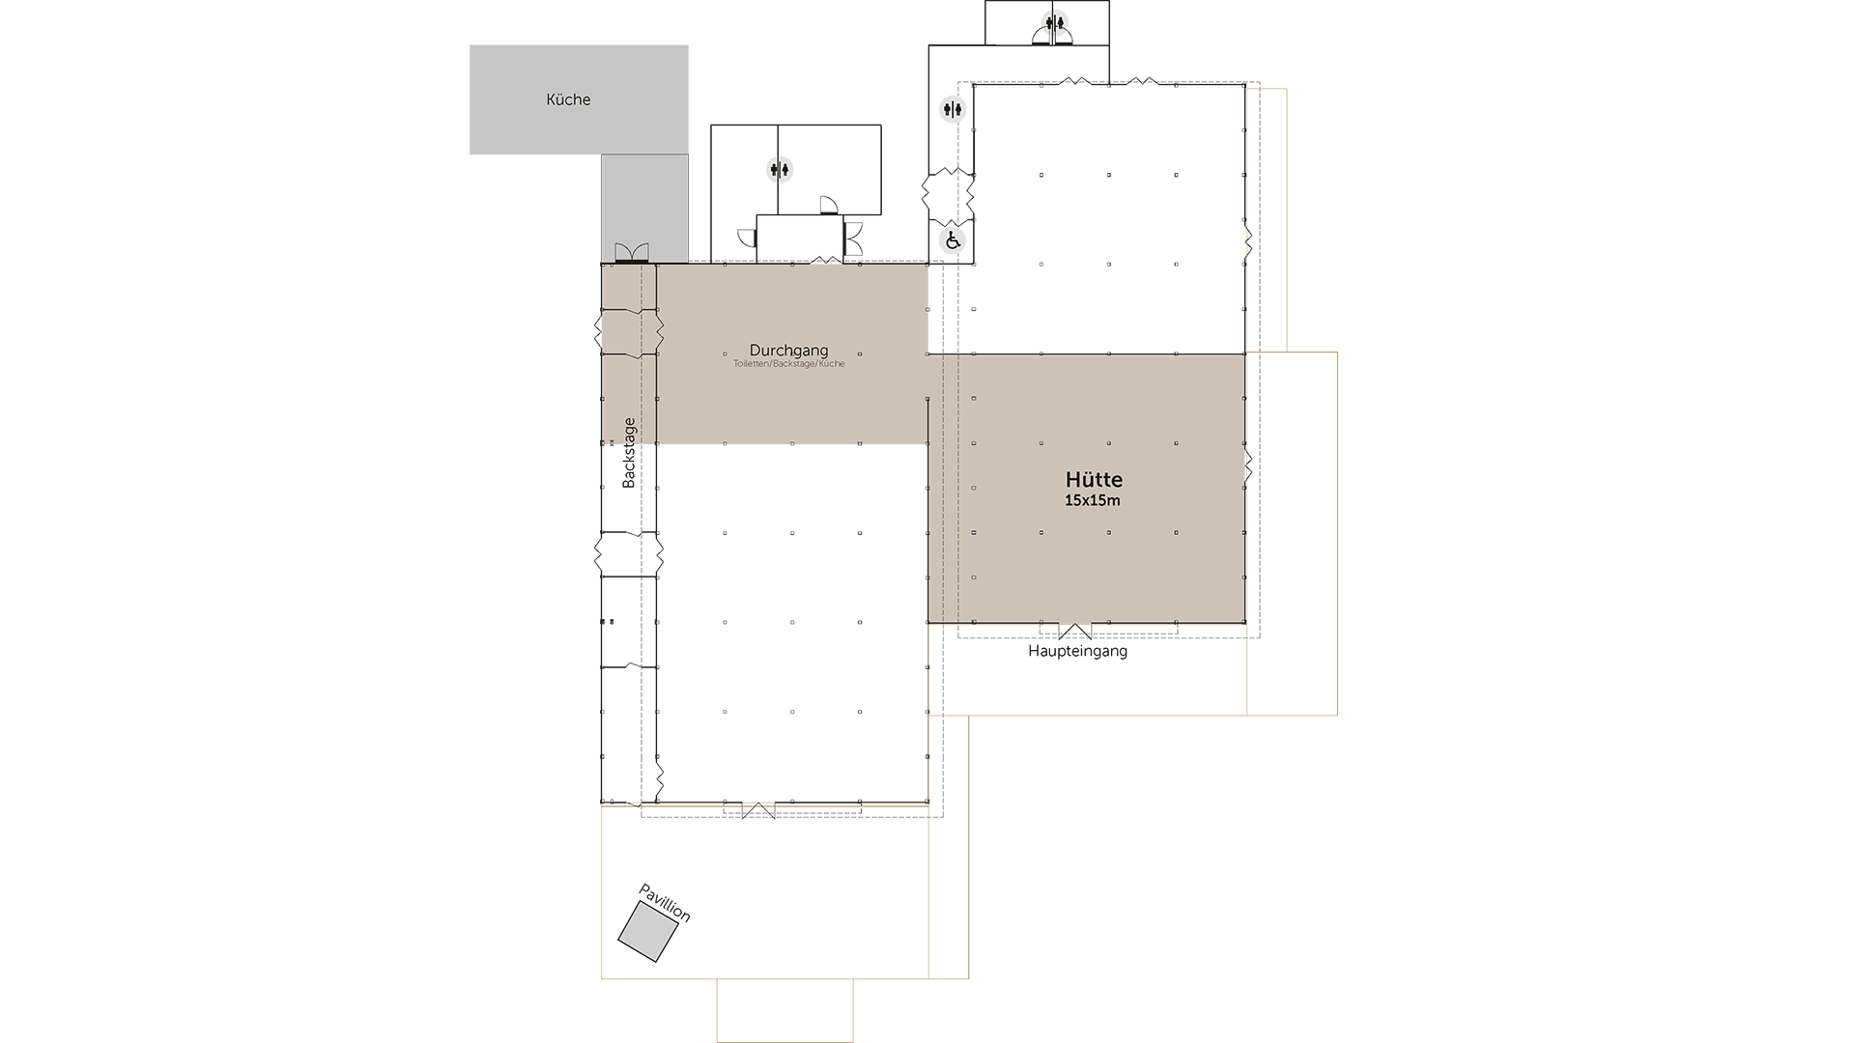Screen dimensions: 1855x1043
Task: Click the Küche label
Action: point(568,99)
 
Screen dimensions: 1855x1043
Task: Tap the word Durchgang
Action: point(788,351)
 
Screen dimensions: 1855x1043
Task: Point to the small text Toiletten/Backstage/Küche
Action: point(788,364)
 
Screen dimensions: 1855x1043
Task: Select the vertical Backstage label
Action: point(629,452)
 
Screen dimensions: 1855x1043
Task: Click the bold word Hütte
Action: point(1094,480)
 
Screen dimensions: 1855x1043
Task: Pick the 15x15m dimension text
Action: point(1093,501)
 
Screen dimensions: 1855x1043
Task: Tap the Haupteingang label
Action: point(1077,651)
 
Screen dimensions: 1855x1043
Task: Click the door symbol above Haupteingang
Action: point(1074,632)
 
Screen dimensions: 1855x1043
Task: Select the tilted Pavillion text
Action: point(665,903)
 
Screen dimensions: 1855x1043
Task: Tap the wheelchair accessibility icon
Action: point(953,240)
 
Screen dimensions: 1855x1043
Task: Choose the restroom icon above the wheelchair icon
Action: point(954,109)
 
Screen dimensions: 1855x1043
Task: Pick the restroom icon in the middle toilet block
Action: point(780,170)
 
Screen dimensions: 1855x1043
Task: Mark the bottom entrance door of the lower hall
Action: point(758,810)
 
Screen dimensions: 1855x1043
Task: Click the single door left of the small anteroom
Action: point(747,238)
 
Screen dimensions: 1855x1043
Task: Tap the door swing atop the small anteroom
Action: point(828,205)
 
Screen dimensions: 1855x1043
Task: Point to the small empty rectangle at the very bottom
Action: point(785,1010)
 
